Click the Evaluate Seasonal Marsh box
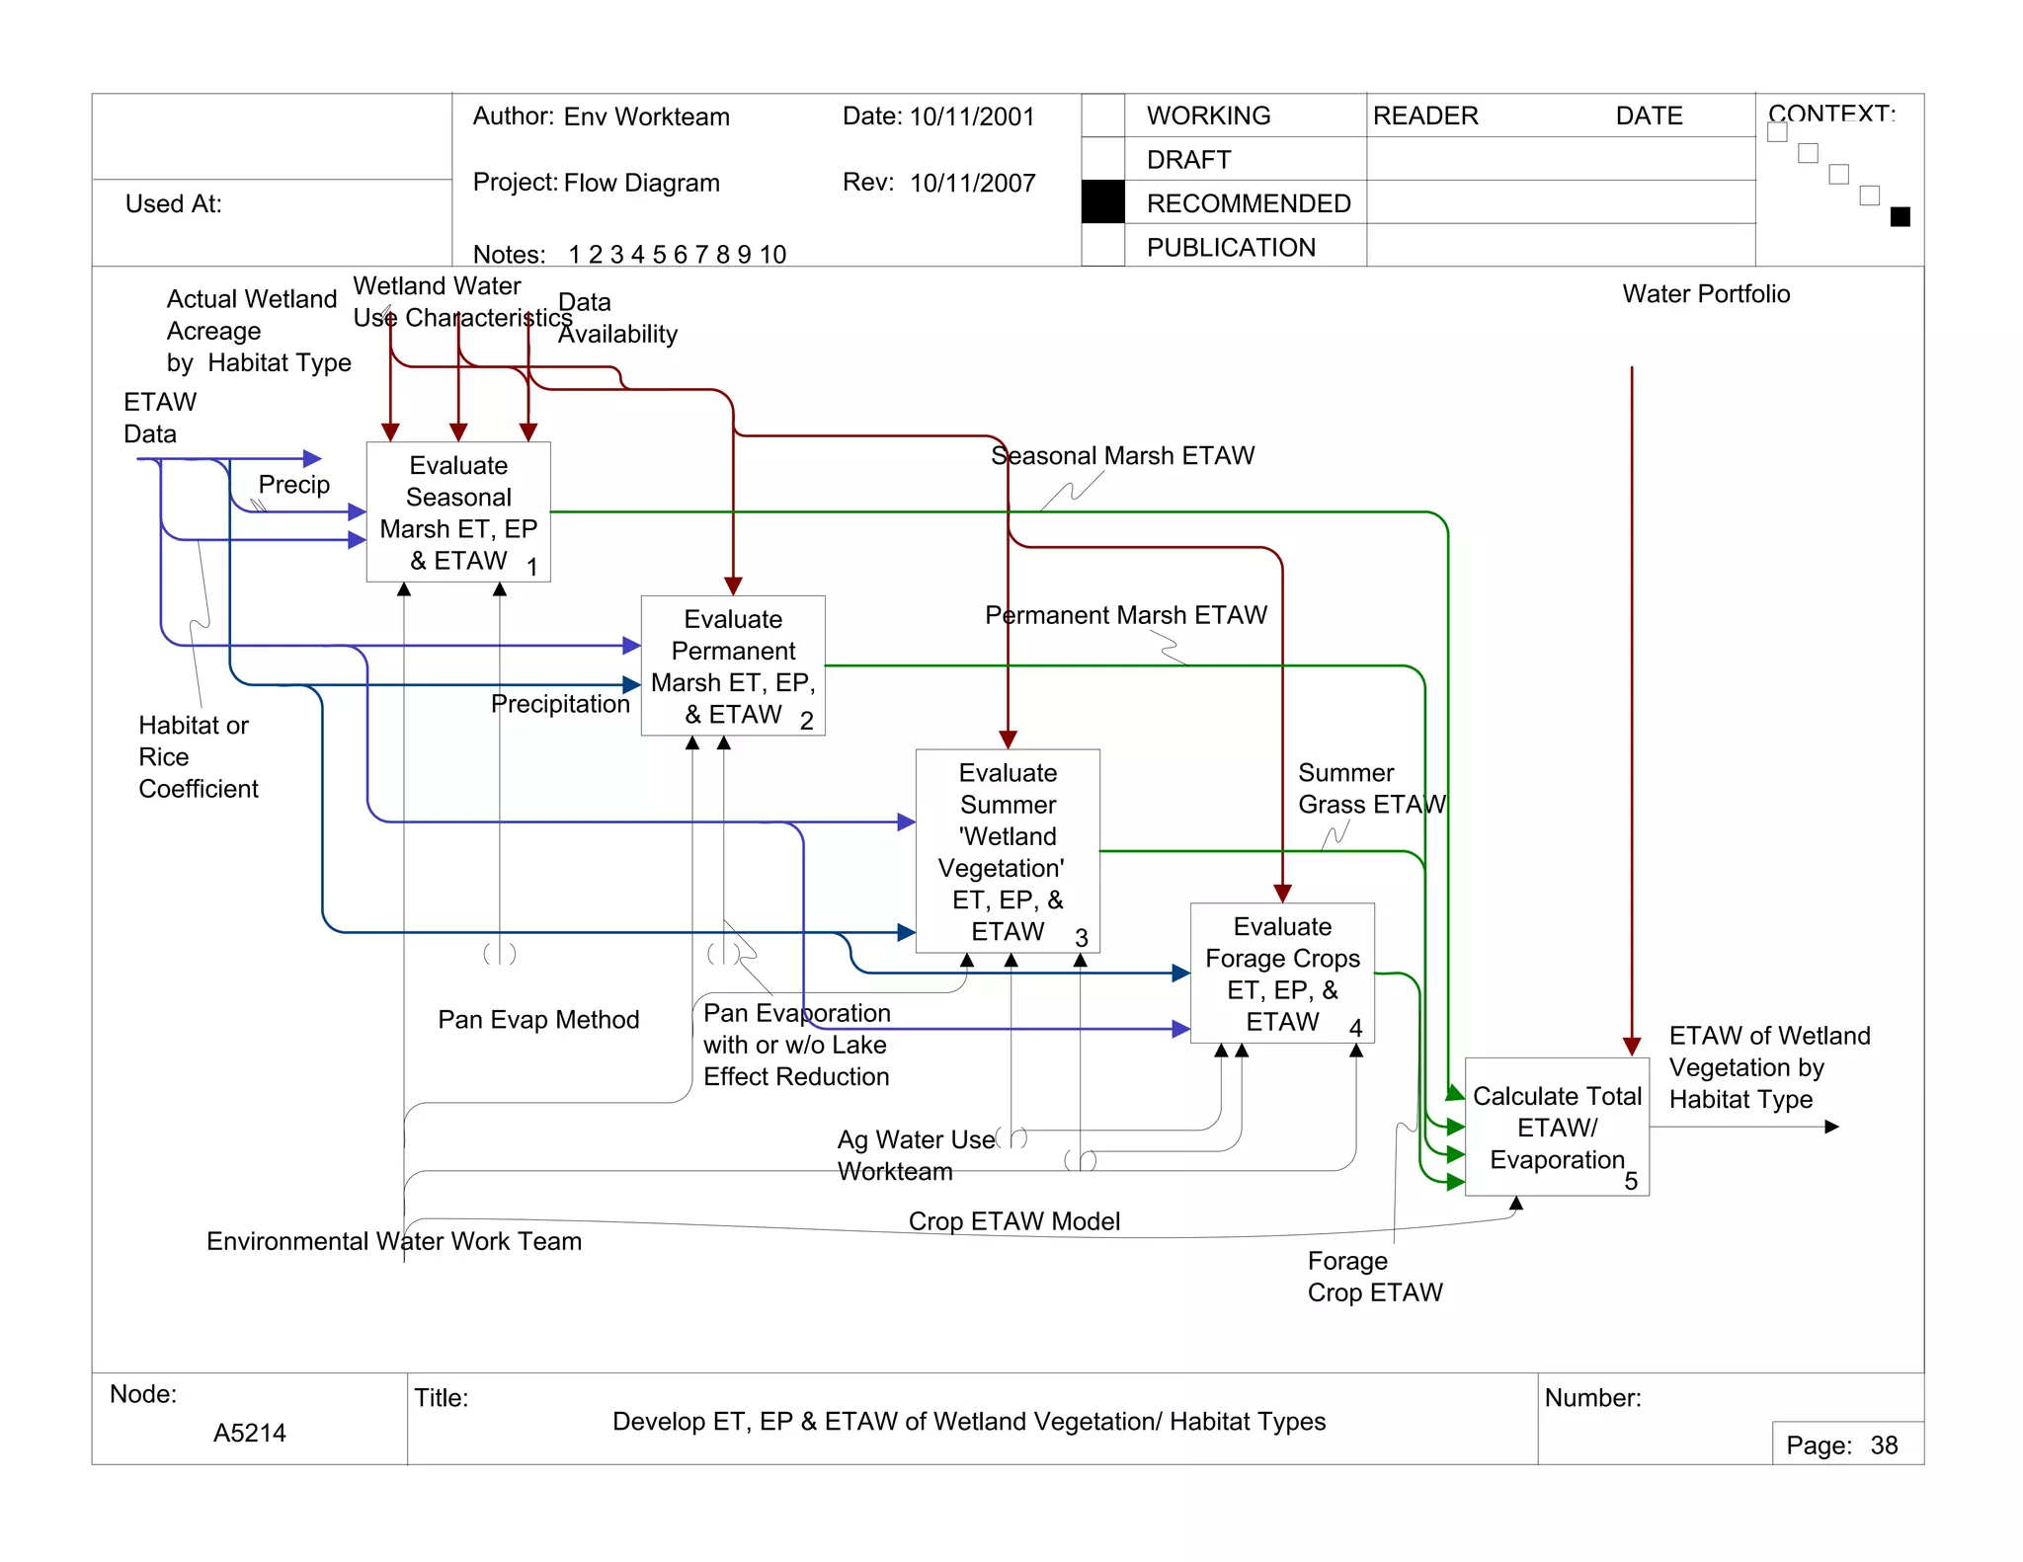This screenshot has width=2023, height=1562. tap(458, 511)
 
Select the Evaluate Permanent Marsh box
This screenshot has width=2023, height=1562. tap(733, 665)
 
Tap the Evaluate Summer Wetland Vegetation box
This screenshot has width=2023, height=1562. tap(1008, 851)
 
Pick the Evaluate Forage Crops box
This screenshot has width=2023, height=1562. tap(1282, 973)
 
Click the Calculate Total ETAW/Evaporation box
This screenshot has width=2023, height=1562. tap(1557, 1128)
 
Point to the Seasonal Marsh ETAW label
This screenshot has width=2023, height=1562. tap(1122, 455)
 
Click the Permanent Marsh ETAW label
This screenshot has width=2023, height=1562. tap(1125, 615)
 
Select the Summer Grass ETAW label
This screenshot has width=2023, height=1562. tap(1370, 788)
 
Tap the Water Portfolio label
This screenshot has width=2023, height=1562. tap(1706, 293)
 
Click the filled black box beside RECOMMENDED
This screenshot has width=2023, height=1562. tap(1103, 202)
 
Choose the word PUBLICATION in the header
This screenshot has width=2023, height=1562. tap(1231, 247)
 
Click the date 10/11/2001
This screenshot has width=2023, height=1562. tap(972, 117)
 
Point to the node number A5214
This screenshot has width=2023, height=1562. tap(249, 1433)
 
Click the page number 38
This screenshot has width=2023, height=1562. tap(1884, 1445)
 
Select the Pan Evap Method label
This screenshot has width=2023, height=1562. tap(538, 1019)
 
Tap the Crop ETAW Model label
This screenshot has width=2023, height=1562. tap(1013, 1220)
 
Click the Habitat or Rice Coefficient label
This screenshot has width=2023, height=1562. tap(198, 756)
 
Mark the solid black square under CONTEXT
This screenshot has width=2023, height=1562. tap(1900, 217)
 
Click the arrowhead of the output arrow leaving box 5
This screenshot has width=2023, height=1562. tap(1831, 1127)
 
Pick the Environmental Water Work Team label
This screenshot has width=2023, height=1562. tap(394, 1241)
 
